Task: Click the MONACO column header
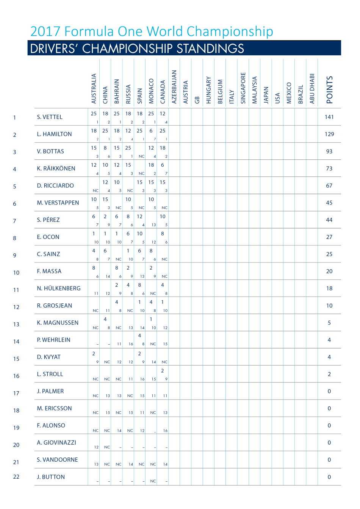(x=151, y=91)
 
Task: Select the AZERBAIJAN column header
(x=174, y=87)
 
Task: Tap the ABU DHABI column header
(x=312, y=88)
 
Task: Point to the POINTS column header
(x=329, y=90)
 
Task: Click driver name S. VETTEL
(x=50, y=117)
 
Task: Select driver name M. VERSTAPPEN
(x=58, y=203)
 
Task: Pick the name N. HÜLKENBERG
(x=59, y=288)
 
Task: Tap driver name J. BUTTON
(x=51, y=477)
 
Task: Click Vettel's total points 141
(x=329, y=117)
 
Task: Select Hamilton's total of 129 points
(x=329, y=134)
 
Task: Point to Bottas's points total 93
(x=329, y=151)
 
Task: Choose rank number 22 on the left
(x=16, y=477)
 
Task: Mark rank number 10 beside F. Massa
(x=16, y=273)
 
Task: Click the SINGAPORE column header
(x=243, y=88)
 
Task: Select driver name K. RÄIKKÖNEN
(x=56, y=169)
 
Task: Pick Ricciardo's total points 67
(x=329, y=186)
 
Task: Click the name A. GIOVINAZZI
(x=56, y=442)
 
